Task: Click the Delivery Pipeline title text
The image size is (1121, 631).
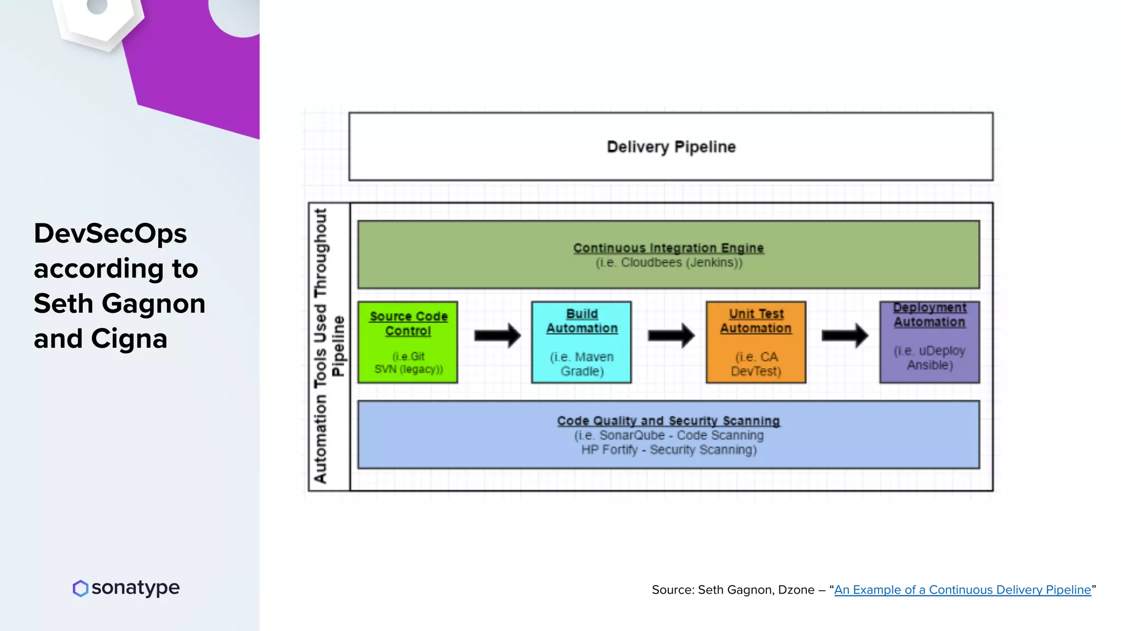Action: click(x=671, y=147)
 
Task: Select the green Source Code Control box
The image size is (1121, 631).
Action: click(x=408, y=342)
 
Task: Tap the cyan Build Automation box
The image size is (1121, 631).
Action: click(x=581, y=342)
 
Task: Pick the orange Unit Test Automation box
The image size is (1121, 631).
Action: click(x=756, y=342)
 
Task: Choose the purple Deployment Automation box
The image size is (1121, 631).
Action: click(x=929, y=342)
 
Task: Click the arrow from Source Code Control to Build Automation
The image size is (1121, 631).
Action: click(x=497, y=335)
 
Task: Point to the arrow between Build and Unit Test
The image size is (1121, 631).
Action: click(x=671, y=335)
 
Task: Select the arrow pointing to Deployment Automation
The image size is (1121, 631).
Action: click(x=845, y=335)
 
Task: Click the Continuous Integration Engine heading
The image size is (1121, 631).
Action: click(x=668, y=248)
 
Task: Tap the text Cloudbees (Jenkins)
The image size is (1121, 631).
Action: click(x=681, y=263)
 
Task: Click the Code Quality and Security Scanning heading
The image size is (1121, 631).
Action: click(x=668, y=421)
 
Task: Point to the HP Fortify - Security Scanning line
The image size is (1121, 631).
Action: click(x=669, y=450)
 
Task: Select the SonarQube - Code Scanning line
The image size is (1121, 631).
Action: click(x=681, y=435)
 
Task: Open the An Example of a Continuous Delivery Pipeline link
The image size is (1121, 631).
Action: click(x=962, y=590)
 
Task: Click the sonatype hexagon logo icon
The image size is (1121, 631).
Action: click(x=80, y=588)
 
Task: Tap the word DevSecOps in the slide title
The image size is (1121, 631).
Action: click(x=110, y=234)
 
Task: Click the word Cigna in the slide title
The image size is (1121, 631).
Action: click(x=129, y=339)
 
